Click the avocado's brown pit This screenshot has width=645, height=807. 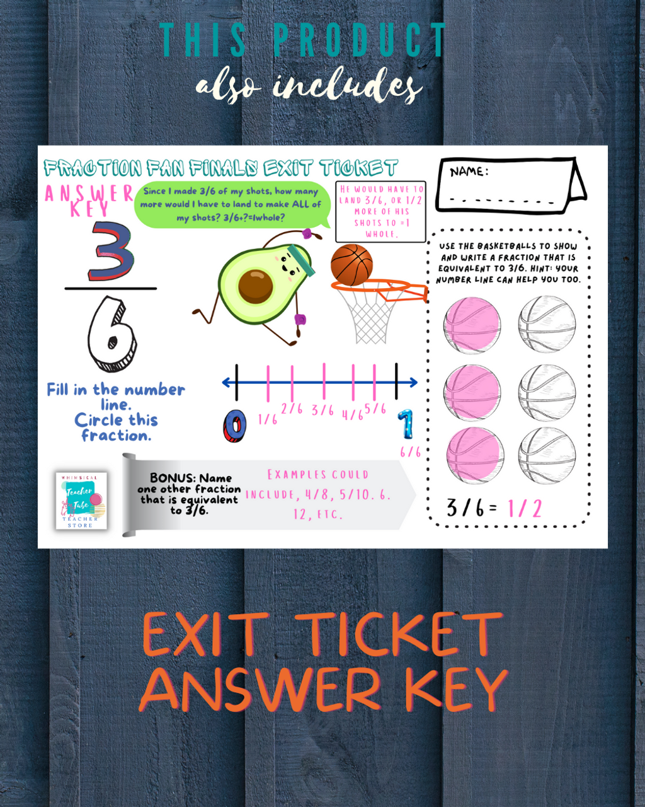[256, 286]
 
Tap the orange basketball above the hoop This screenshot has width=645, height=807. [351, 265]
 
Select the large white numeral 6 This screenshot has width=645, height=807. [112, 333]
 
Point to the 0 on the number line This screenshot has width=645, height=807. [234, 427]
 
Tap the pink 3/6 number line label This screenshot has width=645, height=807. [322, 410]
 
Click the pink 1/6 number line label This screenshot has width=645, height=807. [268, 419]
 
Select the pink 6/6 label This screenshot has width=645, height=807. [410, 452]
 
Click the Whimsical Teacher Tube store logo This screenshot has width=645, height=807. [81, 501]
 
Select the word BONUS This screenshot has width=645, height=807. [173, 478]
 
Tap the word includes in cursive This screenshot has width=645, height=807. [347, 86]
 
